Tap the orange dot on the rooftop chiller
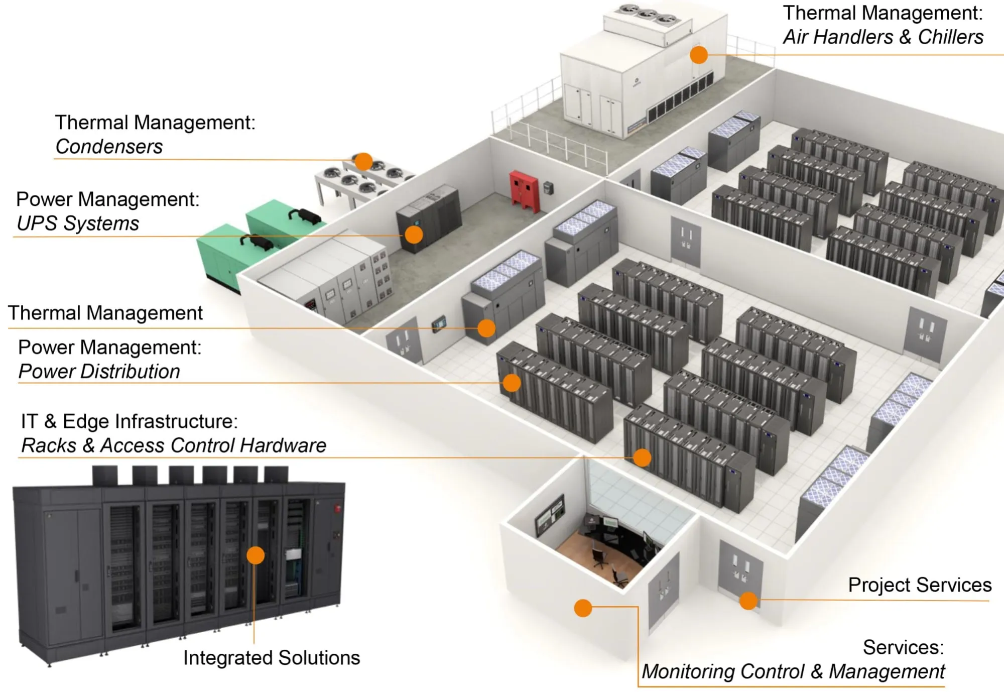tap(698, 55)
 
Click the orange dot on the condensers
tap(363, 162)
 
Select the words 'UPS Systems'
tap(78, 223)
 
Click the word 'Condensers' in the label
tap(109, 147)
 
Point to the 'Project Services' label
tap(919, 585)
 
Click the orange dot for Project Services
tap(748, 600)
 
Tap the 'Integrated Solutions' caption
tap(271, 658)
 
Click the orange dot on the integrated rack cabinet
tap(256, 555)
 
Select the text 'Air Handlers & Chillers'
tap(883, 37)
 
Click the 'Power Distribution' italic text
tap(99, 372)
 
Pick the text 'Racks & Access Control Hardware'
tap(174, 445)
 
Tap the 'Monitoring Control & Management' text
tap(793, 671)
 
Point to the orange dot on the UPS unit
tap(414, 235)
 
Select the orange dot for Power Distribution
tap(512, 383)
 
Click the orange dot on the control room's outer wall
tap(583, 608)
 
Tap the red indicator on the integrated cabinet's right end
tap(337, 508)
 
